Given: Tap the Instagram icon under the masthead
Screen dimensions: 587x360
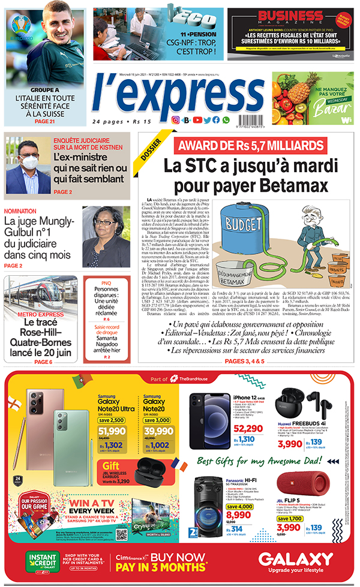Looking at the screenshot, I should pos(176,120).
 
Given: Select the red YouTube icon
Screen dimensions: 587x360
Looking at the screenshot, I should pos(197,120).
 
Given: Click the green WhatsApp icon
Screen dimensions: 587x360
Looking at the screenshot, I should pos(226,120).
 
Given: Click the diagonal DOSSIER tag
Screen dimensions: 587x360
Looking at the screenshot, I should pos(151,151).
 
